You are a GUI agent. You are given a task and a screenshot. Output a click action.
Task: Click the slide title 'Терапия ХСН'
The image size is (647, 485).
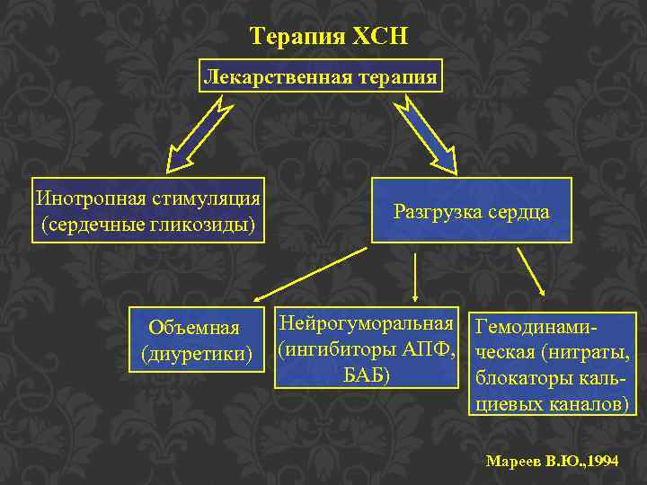click(329, 37)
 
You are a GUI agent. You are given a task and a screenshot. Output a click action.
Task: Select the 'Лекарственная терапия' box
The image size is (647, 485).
click(322, 77)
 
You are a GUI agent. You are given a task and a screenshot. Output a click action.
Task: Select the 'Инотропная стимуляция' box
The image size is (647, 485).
click(148, 209)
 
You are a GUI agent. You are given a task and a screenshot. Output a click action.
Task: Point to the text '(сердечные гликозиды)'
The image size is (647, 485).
click(148, 223)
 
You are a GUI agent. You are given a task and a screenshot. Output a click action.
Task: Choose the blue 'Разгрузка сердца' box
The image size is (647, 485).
click(471, 211)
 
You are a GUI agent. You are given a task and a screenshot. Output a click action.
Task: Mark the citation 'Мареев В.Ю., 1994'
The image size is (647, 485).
click(551, 461)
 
